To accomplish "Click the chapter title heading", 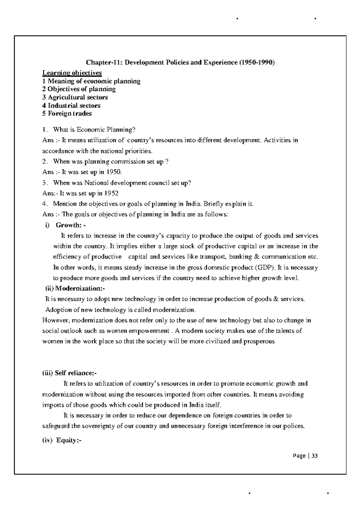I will [180, 62].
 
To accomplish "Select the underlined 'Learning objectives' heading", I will [72, 73].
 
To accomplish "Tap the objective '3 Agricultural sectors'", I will [75, 97].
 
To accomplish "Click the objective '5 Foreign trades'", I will [67, 114].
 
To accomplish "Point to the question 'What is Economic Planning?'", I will [94, 130].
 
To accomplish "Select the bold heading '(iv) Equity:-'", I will [62, 441].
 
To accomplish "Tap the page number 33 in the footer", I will [314, 456].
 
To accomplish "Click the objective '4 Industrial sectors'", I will [71, 105].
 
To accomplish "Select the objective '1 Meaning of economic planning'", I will [91, 81].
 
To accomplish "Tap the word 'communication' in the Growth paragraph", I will [284, 257].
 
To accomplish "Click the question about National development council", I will [122, 183].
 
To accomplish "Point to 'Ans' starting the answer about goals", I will [48, 215].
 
